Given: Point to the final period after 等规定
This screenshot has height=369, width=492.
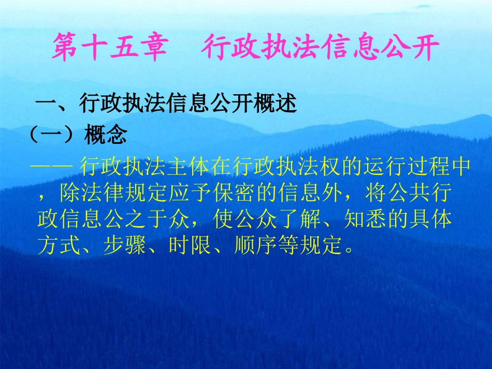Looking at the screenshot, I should (x=350, y=249).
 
